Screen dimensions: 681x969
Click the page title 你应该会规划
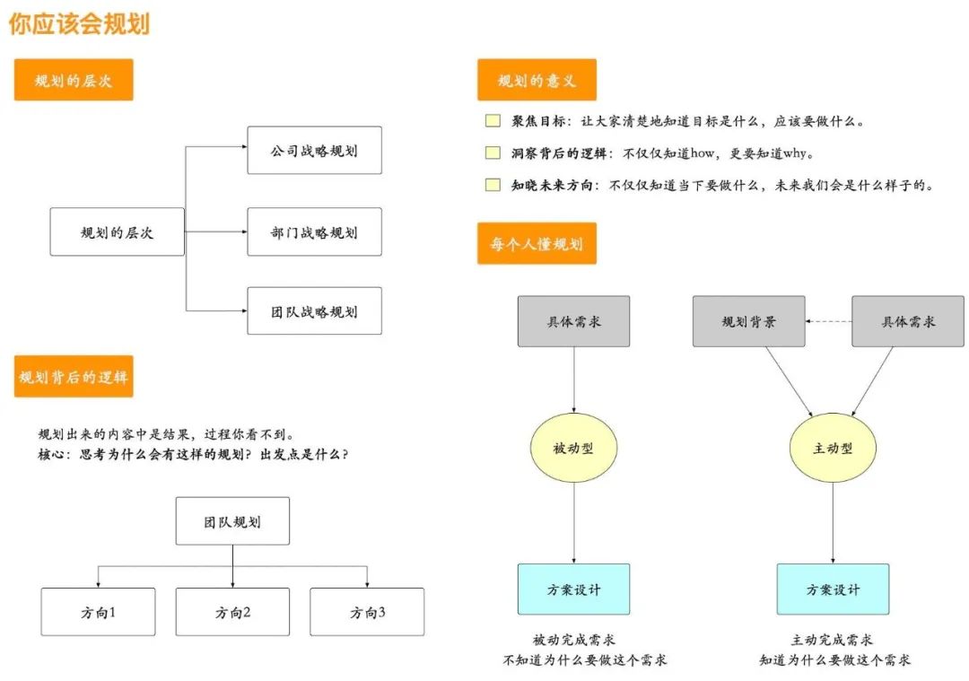79,23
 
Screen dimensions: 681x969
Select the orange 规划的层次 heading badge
74,81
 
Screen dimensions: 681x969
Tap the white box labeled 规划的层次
117,232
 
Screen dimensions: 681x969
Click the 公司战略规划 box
314,150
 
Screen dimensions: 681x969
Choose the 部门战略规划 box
314,232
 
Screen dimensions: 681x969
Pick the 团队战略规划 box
314,311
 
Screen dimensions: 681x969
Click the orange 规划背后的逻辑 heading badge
74,376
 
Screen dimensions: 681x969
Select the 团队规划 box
232,521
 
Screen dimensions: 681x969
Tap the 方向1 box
98,612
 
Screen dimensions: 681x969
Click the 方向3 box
367,612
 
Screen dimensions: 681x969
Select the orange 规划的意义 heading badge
537,81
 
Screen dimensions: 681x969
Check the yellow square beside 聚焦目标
493,121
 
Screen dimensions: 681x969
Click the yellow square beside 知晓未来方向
493,186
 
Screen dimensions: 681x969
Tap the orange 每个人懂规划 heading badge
537,244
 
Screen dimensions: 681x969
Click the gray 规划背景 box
748,321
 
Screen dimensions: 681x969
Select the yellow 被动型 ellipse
574,448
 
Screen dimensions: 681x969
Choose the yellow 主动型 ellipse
833,448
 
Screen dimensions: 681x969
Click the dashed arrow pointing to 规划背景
827,321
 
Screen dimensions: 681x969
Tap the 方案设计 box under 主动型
833,589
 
